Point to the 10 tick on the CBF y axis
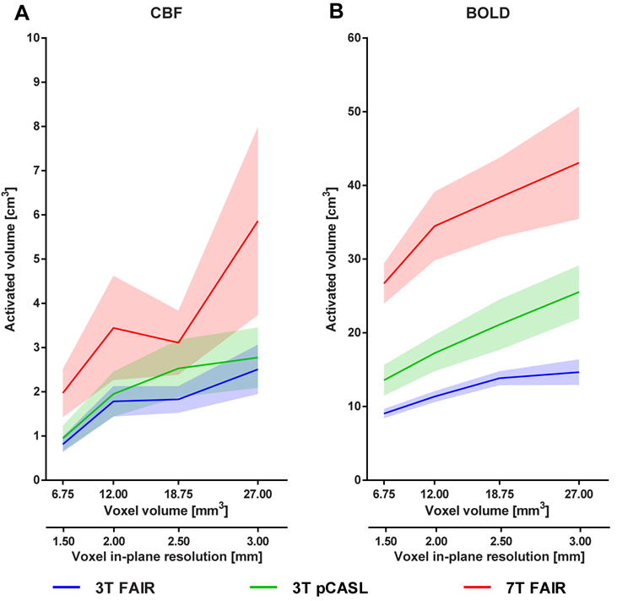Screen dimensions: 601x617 (x=34, y=38)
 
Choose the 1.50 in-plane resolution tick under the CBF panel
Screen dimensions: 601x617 (x=64, y=542)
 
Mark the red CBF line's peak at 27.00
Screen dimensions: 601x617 (x=257, y=221)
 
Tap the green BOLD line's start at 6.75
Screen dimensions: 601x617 (x=385, y=380)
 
